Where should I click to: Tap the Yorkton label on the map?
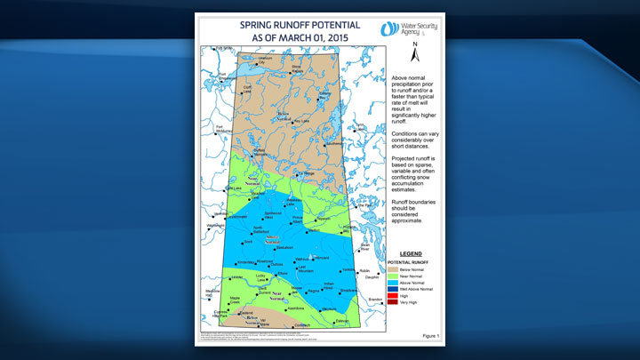point(346,269)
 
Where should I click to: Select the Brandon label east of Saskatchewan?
point(374,300)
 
